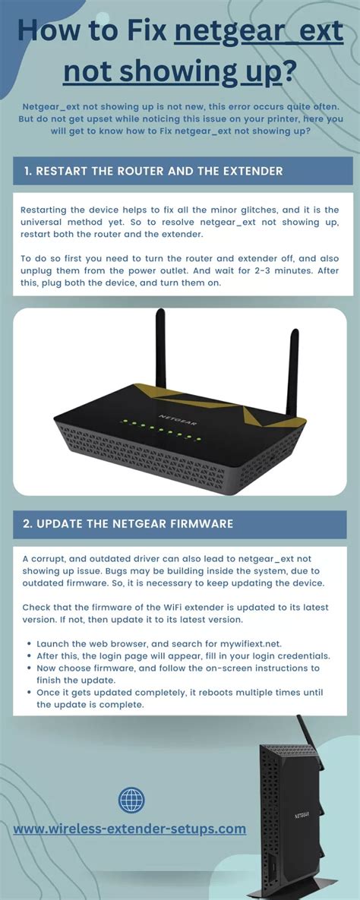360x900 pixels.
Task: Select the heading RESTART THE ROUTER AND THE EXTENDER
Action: coord(153,171)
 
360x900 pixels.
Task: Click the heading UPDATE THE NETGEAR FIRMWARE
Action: coord(128,524)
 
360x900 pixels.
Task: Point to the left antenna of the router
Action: coord(160,349)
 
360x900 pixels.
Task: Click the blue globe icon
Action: coord(131,799)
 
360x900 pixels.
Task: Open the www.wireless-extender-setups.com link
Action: coord(130,828)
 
